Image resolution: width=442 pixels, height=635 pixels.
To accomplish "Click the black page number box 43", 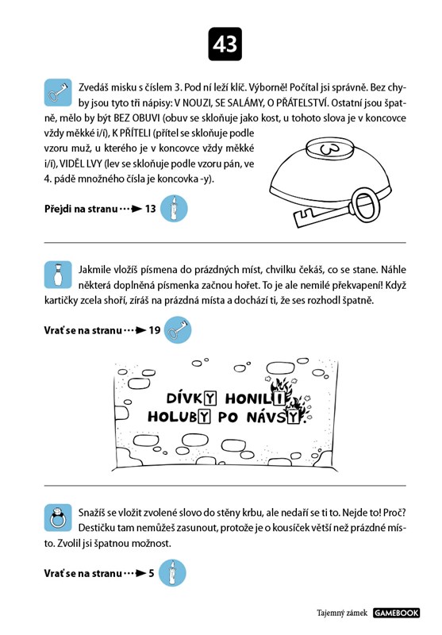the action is [225, 44].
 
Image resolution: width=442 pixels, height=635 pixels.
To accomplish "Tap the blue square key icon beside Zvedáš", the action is [58, 93].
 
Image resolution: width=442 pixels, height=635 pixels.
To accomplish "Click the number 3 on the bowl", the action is [330, 149].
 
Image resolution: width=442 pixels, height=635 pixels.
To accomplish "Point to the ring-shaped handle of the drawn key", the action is [366, 204].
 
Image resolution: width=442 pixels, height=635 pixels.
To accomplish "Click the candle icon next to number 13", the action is [174, 209].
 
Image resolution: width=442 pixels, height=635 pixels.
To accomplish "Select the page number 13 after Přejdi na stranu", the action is [150, 209].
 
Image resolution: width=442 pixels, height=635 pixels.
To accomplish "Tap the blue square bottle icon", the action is [58, 275].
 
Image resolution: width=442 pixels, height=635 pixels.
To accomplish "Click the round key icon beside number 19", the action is [178, 329].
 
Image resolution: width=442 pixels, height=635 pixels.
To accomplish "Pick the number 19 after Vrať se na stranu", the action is [155, 330].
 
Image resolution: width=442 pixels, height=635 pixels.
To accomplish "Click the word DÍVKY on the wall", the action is [191, 398].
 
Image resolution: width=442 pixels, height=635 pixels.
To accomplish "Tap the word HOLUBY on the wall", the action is [179, 416].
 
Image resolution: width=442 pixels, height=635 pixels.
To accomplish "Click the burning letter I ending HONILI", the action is [279, 398].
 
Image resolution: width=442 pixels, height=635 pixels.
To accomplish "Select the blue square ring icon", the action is [58, 518].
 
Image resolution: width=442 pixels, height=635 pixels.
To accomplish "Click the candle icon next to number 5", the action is [172, 573].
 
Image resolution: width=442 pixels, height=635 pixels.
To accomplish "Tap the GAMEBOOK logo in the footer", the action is [396, 613].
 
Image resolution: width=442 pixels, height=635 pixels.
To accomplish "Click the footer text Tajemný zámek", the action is [342, 613].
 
